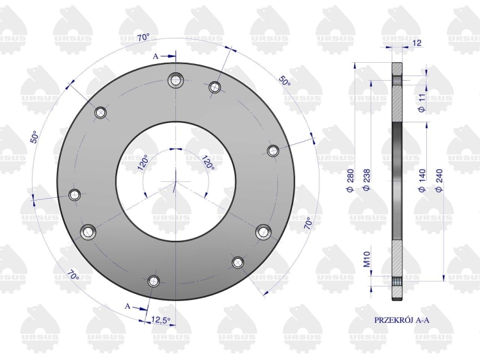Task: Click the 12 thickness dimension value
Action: (417, 42)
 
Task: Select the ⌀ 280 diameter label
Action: (351, 181)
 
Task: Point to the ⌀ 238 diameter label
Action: (367, 179)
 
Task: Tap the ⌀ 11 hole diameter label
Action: (422, 103)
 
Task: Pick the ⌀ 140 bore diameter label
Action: (422, 181)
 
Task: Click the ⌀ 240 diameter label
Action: (439, 181)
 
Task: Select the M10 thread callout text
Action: (367, 259)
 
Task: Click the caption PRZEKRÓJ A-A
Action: (402, 320)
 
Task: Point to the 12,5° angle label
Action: (161, 320)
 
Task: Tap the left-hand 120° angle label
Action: (143, 162)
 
